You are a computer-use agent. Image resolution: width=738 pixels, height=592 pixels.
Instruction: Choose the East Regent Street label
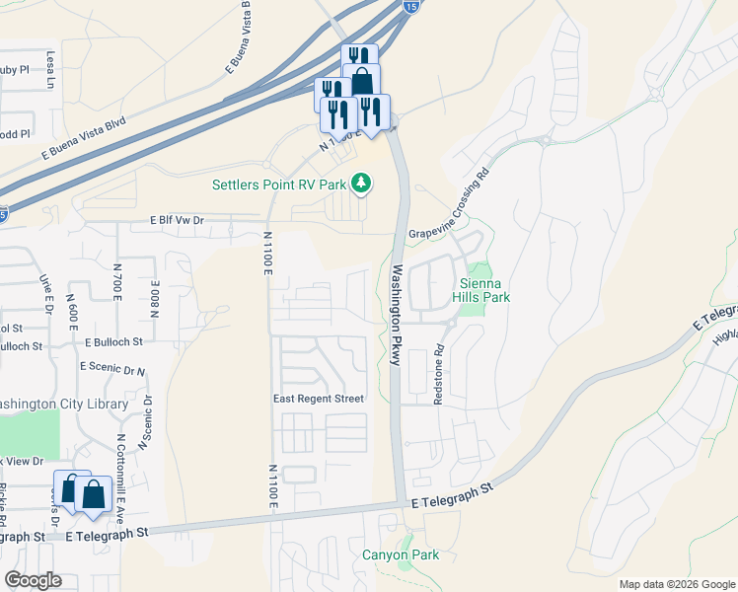(x=318, y=399)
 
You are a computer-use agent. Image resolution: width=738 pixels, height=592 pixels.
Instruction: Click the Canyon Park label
(x=401, y=555)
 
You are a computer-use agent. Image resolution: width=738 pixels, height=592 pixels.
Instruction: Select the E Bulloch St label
(x=113, y=342)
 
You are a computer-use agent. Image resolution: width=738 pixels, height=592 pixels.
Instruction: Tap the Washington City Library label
(x=64, y=404)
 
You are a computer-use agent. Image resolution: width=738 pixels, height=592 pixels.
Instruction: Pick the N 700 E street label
(x=117, y=282)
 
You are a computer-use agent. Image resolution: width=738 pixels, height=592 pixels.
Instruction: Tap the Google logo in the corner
(x=33, y=580)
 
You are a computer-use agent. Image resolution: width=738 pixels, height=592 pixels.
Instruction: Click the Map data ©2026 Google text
(x=676, y=584)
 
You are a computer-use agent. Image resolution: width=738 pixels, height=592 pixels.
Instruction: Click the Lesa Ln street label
(x=49, y=70)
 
